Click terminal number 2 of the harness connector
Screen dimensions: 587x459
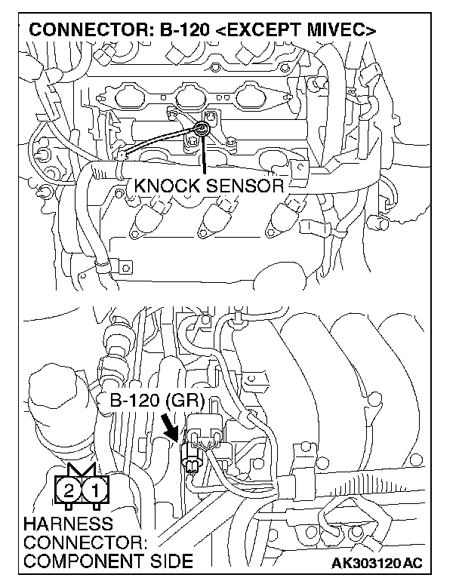pyautogui.click(x=69, y=490)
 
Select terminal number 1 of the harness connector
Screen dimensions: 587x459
pyautogui.click(x=94, y=490)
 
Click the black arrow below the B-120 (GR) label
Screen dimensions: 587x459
pyautogui.click(x=174, y=428)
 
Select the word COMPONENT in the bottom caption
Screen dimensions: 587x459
pyautogui.click(x=74, y=561)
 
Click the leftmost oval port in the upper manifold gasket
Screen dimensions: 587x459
pyautogui.click(x=146, y=97)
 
